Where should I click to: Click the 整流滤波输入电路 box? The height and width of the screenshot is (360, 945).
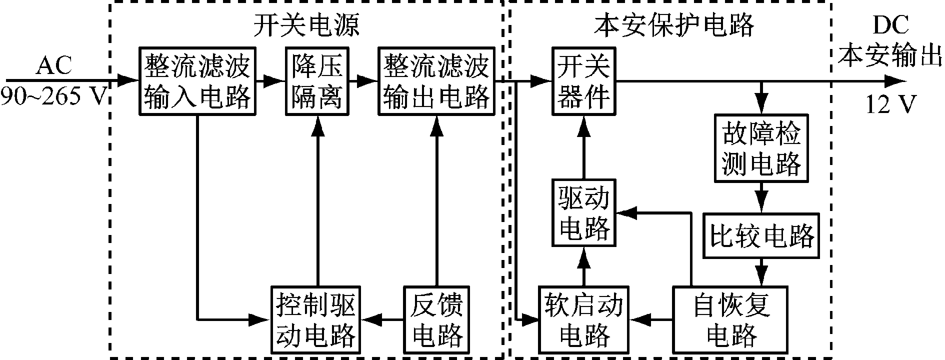pyautogui.click(x=197, y=80)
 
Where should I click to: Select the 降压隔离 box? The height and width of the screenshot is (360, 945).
pyautogui.click(x=317, y=80)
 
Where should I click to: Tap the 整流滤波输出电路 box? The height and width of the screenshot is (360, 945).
pyautogui.click(x=436, y=80)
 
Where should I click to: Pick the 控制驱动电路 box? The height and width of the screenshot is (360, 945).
pyautogui.click(x=316, y=318)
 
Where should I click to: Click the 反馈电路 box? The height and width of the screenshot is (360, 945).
pyautogui.click(x=436, y=318)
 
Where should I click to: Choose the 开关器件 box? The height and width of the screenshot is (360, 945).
pyautogui.click(x=583, y=80)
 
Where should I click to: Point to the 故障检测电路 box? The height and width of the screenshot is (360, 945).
pyautogui.click(x=761, y=147)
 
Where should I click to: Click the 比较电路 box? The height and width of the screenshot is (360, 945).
pyautogui.click(x=761, y=236)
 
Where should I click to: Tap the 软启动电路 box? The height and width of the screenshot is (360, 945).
pyautogui.click(x=583, y=318)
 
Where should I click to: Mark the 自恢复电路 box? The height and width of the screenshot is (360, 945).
pyautogui.click(x=730, y=318)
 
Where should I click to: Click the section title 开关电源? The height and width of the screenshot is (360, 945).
pyautogui.click(x=306, y=25)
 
